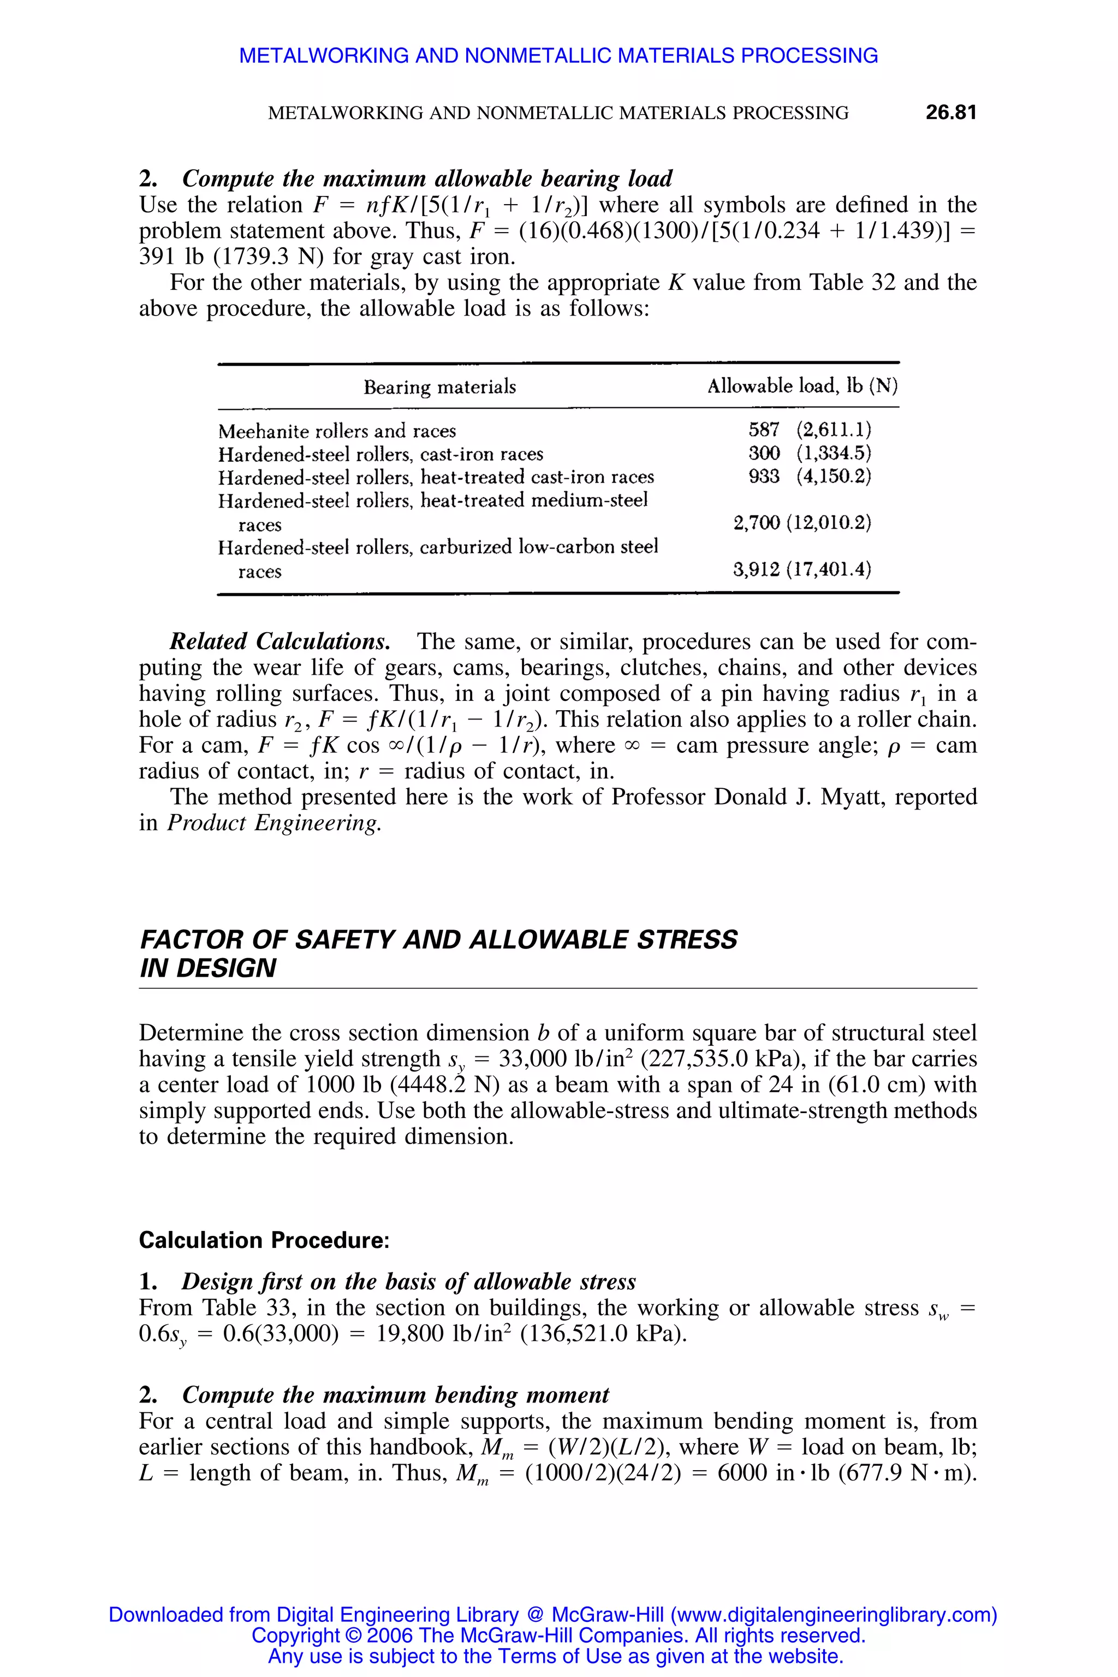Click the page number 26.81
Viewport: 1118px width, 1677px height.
pos(950,112)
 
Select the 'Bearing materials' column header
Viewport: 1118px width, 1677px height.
pos(439,387)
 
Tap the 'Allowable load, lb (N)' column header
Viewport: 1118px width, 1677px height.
pos(802,386)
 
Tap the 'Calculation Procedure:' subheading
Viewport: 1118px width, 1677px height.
pos(264,1241)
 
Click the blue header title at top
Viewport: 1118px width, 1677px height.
pos(558,56)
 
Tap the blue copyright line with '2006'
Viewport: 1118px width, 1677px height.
pos(558,1635)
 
